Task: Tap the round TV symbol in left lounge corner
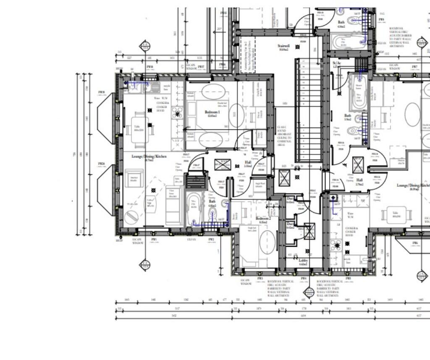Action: tap(131, 217)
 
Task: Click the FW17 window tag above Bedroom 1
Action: tap(201, 68)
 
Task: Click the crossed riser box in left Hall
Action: tap(223, 165)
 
